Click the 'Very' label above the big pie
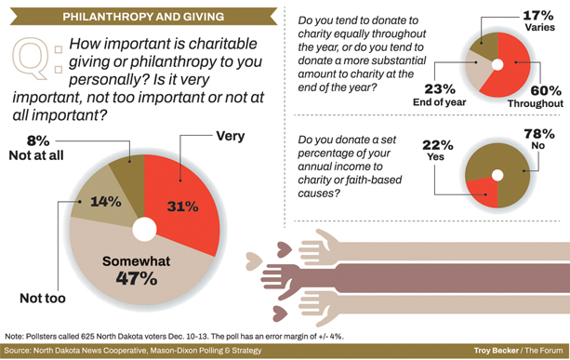point(229,136)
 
